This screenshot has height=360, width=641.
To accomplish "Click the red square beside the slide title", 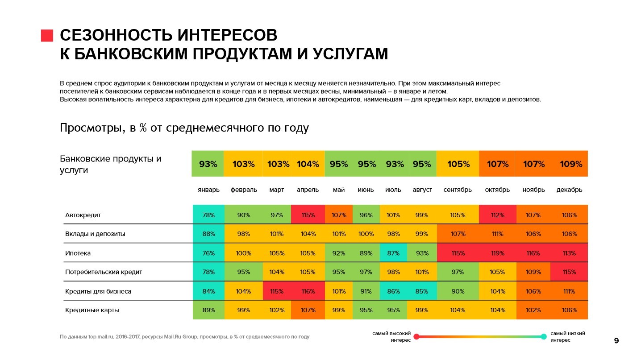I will coord(47,36).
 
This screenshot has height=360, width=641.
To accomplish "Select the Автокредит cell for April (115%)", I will coord(308,215).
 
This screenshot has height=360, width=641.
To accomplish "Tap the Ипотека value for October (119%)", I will coord(497,253).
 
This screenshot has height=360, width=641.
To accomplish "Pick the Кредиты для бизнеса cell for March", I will coord(277,291).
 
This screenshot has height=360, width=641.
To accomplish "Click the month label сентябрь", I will coord(458,190).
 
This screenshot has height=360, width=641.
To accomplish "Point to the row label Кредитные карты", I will coord(92,310).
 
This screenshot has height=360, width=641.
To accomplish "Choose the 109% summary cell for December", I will coord(571,164).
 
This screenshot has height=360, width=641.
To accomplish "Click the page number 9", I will coord(616,341).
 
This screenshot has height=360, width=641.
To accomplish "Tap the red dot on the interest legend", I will coord(416,337).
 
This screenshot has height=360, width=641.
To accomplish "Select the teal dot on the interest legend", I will coord(544,337).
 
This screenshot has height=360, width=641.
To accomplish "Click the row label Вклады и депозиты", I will coord(95,234).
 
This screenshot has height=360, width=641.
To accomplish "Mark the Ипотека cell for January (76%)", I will coord(208,253).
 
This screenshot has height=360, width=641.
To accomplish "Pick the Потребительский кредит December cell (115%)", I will coord(569,272).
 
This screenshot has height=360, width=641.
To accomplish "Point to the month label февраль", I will coord(244,190).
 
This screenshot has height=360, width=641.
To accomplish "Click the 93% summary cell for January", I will coord(208,164).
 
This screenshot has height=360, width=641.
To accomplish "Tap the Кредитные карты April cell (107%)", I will coord(308,310).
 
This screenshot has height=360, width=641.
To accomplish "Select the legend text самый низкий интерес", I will coord(567,336).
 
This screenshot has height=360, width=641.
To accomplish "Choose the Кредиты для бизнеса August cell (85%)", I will coord(422,291).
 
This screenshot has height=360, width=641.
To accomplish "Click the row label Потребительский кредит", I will coord(104,272).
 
